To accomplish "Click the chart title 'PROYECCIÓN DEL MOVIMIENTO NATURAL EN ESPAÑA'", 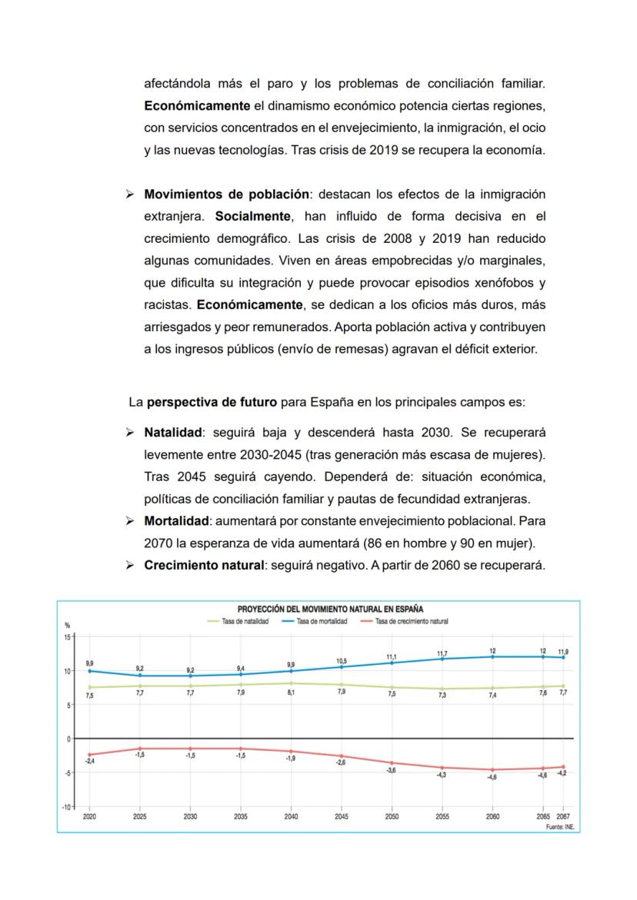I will tap(330, 609).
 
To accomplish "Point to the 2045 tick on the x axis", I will tap(342, 817).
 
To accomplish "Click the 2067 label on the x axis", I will tap(563, 817).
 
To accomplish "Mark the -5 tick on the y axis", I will tap(67, 773).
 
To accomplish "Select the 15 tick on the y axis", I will tap(67, 637).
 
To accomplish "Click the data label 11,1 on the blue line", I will tap(392, 657).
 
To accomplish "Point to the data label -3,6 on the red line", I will tap(392, 770).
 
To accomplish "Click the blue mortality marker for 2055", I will tap(442, 659).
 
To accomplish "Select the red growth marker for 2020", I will tap(90, 755).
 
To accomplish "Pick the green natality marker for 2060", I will tap(492, 689).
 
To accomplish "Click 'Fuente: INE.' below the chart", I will tap(560, 827).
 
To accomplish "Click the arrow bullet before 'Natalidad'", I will tap(130, 432).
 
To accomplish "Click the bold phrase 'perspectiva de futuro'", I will tap(212, 401).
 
